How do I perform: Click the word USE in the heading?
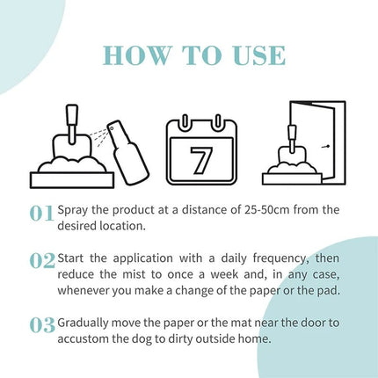coord(254,55)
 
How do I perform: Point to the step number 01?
coord(41,214)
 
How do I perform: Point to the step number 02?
coord(41,260)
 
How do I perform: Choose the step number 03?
coord(41,325)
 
